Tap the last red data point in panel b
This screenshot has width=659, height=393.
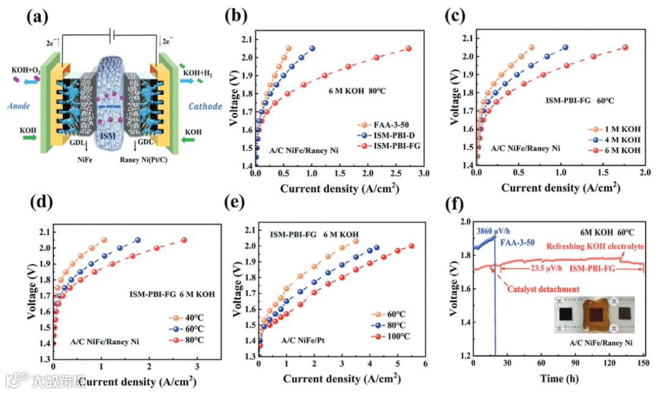point(408,49)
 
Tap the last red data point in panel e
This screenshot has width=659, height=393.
point(411,247)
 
